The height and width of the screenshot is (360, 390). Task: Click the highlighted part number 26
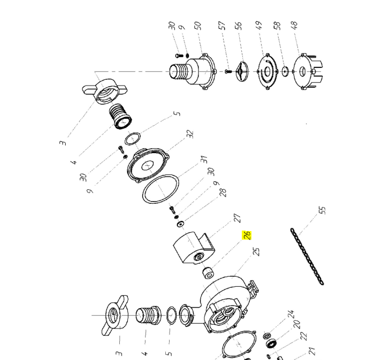click(247, 235)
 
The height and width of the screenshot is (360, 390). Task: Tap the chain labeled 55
click(307, 256)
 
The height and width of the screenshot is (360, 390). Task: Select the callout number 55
click(322, 210)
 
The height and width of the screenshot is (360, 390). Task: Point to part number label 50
click(197, 25)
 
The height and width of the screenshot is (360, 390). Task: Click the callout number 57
click(222, 25)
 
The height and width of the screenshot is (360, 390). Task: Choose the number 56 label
click(239, 25)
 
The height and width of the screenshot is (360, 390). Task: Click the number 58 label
click(277, 25)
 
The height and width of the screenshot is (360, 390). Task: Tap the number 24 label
click(291, 313)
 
